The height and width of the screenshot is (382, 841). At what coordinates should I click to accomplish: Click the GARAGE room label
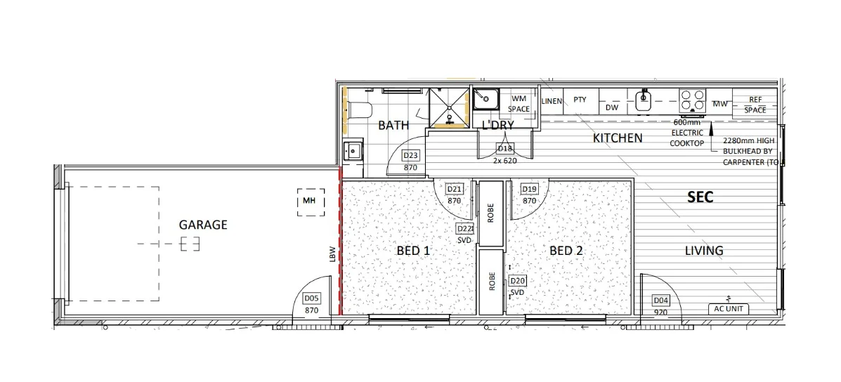203,225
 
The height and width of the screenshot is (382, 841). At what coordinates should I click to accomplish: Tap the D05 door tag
312,298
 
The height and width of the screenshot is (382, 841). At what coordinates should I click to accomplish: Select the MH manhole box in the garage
311,202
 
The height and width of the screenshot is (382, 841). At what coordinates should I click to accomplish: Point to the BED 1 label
413,250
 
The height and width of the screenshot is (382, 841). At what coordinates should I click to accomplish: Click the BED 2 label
566,250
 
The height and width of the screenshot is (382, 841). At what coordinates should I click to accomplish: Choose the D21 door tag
455,189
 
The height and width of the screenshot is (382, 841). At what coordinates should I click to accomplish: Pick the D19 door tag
529,189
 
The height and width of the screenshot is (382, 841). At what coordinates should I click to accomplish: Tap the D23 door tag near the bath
410,156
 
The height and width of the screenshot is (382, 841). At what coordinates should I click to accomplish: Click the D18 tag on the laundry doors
504,149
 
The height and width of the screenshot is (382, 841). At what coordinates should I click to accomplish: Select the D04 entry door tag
660,300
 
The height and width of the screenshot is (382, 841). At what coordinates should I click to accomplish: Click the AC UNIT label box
729,309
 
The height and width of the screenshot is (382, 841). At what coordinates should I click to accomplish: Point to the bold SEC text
700,197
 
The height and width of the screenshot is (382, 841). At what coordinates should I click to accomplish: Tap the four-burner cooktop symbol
693,100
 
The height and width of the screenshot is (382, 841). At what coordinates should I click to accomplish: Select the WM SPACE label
519,103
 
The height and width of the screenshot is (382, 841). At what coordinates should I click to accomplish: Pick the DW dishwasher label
612,107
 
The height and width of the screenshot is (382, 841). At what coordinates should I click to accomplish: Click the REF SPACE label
755,105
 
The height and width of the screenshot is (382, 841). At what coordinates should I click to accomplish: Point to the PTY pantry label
580,100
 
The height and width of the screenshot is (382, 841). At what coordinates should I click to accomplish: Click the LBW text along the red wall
332,254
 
